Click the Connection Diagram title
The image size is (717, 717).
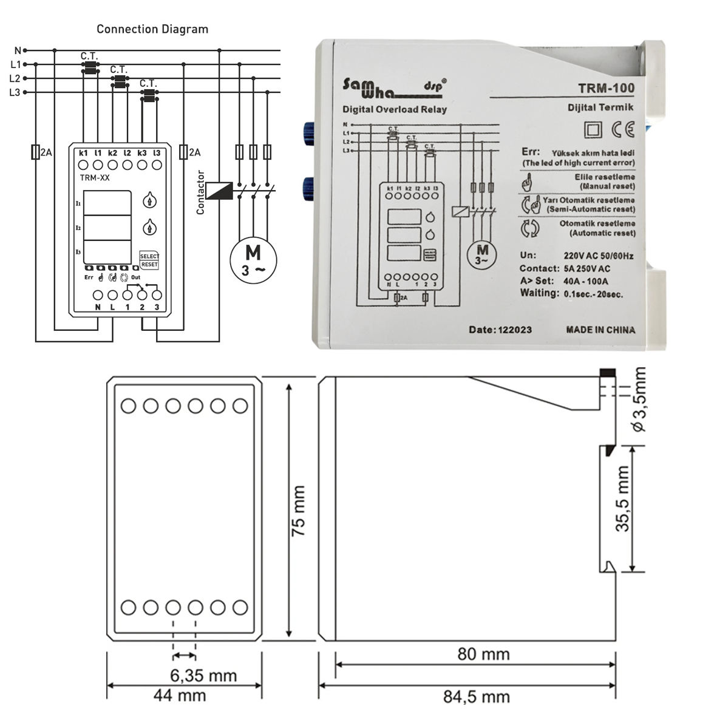[x=152, y=29]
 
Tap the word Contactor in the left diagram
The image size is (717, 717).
[x=201, y=192]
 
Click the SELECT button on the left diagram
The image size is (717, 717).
[x=149, y=256]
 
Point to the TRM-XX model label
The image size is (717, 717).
[x=94, y=178]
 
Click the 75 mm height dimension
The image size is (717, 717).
[x=299, y=510]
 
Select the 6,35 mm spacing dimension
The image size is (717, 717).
[x=203, y=675]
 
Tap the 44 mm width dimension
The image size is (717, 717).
[x=180, y=695]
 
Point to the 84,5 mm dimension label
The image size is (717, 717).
[x=477, y=696]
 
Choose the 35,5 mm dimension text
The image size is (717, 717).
[x=624, y=499]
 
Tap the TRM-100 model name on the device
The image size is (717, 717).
[x=606, y=88]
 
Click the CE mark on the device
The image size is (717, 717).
[x=623, y=129]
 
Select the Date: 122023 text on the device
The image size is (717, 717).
[x=500, y=330]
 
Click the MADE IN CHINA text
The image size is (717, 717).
[x=600, y=330]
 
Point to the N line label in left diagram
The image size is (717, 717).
[x=18, y=50]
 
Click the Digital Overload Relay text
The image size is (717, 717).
[x=395, y=110]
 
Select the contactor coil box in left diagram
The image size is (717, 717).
[x=219, y=191]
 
